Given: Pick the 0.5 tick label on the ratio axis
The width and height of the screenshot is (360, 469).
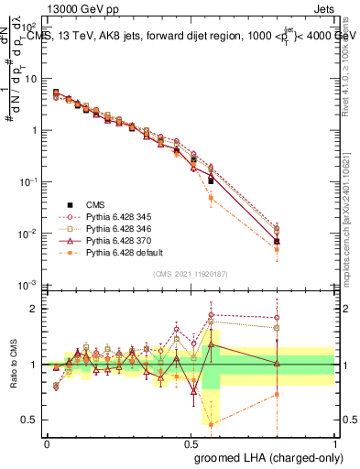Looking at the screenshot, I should coord(29,420).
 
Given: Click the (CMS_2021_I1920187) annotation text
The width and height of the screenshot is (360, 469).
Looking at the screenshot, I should coord(191,273).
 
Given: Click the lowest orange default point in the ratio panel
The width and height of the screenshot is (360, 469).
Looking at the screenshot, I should coord(212,424).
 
